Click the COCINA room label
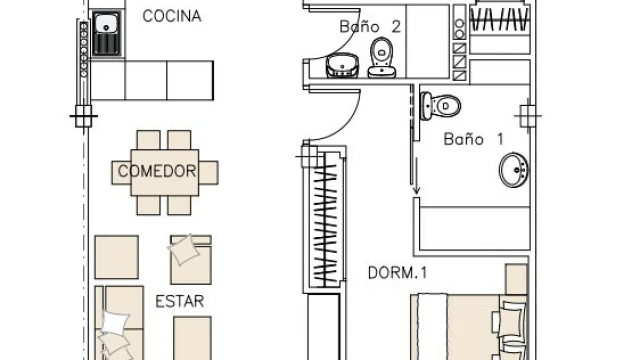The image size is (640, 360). (x=172, y=16)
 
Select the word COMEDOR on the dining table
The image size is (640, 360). (x=157, y=171)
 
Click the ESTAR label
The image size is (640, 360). (x=180, y=301)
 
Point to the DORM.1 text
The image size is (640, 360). (x=398, y=273)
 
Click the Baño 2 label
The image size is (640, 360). (x=370, y=27)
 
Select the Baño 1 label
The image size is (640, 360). (x=473, y=139)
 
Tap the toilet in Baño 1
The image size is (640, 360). (x=440, y=106)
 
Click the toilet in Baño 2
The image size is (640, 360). (x=382, y=57)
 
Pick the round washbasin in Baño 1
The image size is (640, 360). (x=513, y=170)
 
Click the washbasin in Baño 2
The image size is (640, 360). (x=342, y=65)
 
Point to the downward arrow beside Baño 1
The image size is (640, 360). (x=416, y=176)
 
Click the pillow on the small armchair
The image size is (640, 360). (x=184, y=249)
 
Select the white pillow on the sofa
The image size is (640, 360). (x=116, y=322)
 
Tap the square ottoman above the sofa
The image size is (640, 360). (x=116, y=257)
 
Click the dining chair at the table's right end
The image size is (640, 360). (x=209, y=172)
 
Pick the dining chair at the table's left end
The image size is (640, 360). (x=121, y=172)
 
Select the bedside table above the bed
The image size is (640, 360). (x=517, y=279)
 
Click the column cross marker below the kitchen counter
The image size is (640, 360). (x=83, y=116)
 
